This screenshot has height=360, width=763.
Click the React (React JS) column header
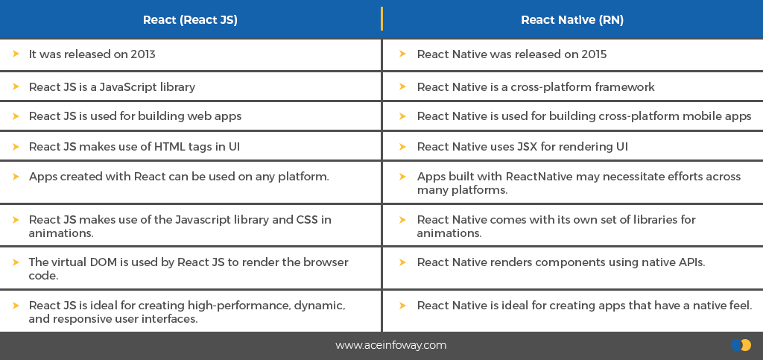point(190,20)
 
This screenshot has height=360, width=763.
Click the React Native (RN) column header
point(572,20)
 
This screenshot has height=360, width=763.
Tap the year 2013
point(143,54)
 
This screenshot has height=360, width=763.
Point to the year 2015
point(594,54)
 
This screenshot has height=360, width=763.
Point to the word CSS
point(307,219)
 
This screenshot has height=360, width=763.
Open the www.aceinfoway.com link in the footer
point(390,345)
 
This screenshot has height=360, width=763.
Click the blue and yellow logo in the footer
point(741,345)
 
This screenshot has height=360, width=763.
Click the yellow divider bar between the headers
point(381,19)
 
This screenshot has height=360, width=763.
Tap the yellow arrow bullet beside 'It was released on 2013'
point(16,54)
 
